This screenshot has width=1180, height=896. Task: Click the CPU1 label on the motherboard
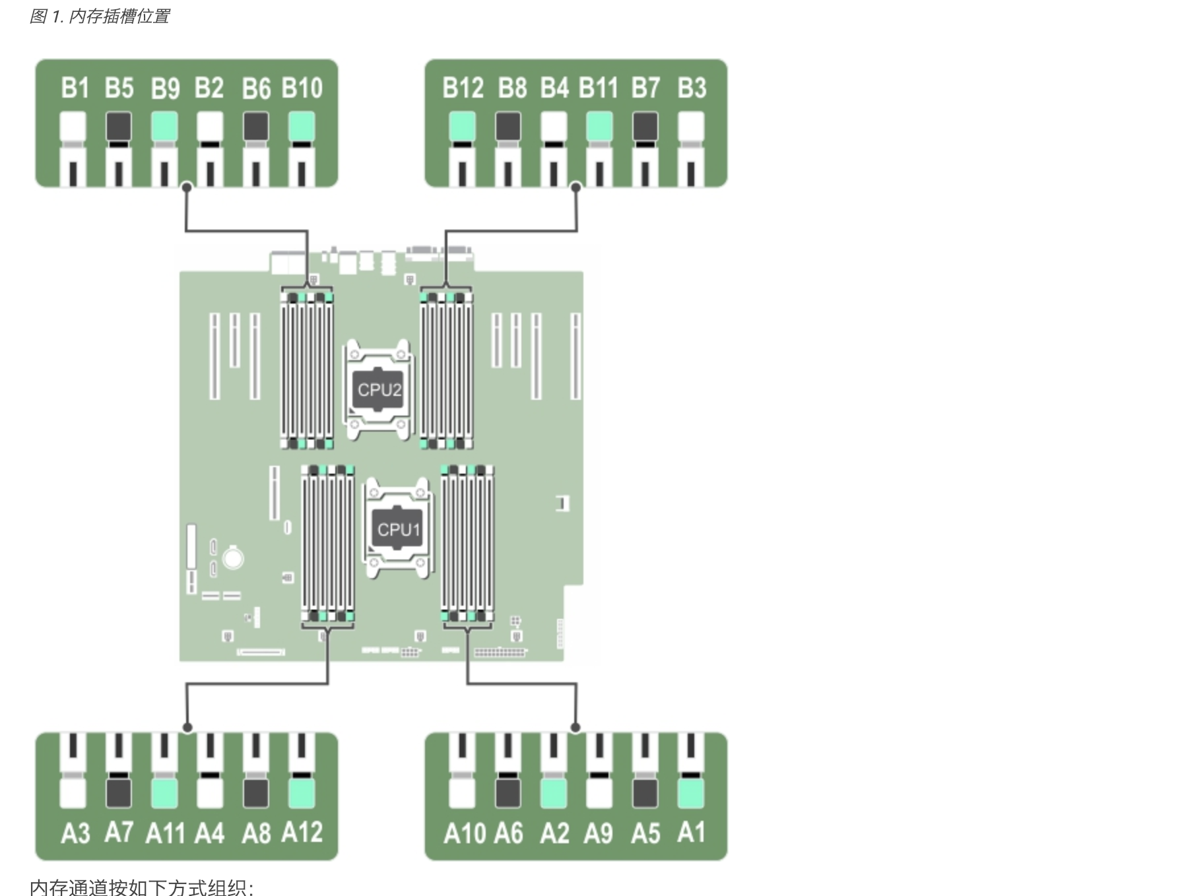(x=399, y=530)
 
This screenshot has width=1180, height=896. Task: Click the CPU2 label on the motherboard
(x=379, y=390)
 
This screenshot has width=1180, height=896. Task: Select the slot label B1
(x=75, y=88)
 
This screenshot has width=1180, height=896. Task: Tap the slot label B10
(x=302, y=88)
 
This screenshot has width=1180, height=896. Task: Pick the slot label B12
(x=463, y=88)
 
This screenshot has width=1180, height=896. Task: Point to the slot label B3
(x=692, y=88)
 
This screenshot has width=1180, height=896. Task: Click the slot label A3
(x=75, y=833)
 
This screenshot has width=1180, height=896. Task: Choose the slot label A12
(x=302, y=833)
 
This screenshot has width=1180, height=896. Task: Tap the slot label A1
(x=691, y=833)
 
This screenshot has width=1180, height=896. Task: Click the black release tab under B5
(x=119, y=126)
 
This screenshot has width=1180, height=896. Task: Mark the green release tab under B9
(x=164, y=126)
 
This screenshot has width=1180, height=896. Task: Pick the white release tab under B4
(x=554, y=126)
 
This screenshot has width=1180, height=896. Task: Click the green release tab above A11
(x=164, y=793)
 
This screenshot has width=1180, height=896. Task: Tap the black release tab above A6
(x=508, y=793)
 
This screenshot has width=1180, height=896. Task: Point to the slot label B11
(x=598, y=88)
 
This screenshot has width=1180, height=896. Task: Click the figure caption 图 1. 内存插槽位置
(x=100, y=16)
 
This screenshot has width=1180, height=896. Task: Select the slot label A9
(x=599, y=833)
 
